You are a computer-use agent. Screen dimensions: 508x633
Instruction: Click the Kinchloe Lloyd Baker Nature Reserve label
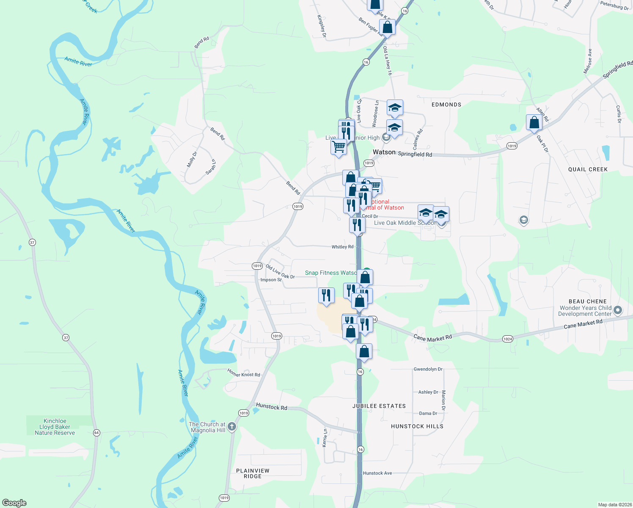click(55, 427)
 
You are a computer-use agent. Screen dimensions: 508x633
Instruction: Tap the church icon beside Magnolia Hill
click(231, 427)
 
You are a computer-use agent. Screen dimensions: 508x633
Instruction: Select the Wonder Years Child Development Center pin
click(617, 311)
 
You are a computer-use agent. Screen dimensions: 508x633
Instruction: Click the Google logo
click(14, 503)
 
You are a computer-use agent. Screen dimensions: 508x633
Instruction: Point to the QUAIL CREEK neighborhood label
click(588, 169)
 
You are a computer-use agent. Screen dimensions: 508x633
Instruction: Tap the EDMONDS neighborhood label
click(446, 105)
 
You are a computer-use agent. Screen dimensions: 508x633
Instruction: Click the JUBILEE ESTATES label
click(379, 406)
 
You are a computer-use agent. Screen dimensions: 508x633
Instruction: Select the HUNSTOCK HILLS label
click(417, 426)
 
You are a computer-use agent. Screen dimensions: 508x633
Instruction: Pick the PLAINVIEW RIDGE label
click(253, 473)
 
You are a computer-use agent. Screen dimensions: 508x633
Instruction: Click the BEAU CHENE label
click(588, 301)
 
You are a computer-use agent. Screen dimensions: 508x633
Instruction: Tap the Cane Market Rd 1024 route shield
click(508, 339)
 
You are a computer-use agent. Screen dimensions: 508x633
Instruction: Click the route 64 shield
click(96, 433)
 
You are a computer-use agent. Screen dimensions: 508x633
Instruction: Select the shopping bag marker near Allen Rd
click(534, 122)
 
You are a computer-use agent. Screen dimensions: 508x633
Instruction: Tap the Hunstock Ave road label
click(377, 473)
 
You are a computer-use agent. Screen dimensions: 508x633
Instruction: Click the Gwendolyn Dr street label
click(428, 369)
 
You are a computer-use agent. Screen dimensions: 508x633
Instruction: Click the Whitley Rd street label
click(342, 247)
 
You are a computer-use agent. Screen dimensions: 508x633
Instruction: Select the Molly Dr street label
click(192, 159)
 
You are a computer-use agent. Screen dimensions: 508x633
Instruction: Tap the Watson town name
click(384, 152)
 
